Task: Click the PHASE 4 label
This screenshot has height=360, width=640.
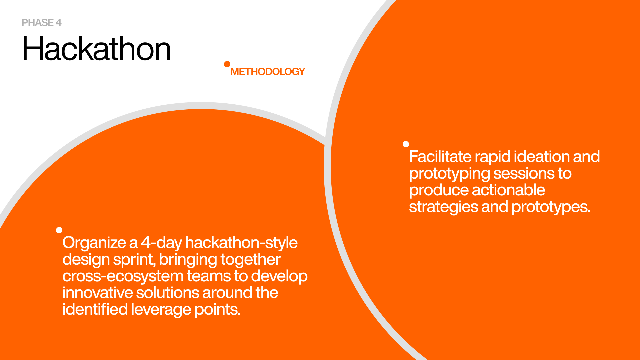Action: pos(42,23)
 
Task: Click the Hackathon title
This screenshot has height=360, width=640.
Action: pos(97,49)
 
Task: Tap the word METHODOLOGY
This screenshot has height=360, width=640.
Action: pos(268,72)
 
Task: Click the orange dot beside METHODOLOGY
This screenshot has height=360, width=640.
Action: pos(227,64)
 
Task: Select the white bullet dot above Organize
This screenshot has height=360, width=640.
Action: pos(59,230)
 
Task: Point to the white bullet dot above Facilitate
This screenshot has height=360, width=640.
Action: pos(406,144)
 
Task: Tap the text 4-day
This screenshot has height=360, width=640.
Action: pos(161,243)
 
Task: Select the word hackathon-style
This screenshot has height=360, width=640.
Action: pos(241,243)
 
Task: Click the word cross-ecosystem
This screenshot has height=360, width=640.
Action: pos(123,276)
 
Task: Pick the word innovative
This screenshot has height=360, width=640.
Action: pos(98,293)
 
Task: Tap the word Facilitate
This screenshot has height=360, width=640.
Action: pos(440,157)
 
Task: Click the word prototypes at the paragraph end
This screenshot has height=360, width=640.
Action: pos(551,207)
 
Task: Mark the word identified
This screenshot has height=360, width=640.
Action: pos(95,310)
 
